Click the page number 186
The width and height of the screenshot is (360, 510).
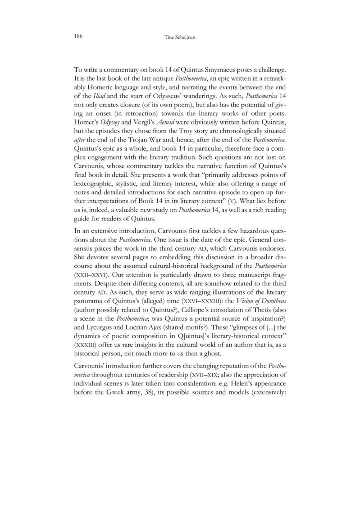[77, 36]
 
